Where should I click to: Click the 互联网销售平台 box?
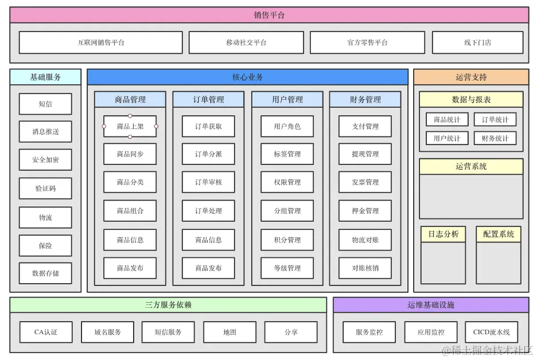point(101,42)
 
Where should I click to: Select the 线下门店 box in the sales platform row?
point(477,42)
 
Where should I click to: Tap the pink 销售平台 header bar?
point(269,15)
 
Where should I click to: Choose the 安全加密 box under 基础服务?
point(45,160)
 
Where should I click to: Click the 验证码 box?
point(45,188)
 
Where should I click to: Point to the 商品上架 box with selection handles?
point(130,126)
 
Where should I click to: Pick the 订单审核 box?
point(208,182)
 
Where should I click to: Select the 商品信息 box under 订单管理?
point(208,240)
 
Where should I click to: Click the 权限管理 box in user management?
point(287,182)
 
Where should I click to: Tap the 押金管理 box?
point(365,211)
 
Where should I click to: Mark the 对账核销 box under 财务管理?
point(365,268)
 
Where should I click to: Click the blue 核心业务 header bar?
point(247,77)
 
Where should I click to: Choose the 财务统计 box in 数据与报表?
point(495,138)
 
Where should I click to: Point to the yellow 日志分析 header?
point(443,234)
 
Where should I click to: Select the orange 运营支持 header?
point(471,77)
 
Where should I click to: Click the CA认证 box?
point(46,332)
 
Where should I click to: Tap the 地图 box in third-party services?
point(229,332)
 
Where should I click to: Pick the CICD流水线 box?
point(491,332)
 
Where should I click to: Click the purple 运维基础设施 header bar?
point(431,305)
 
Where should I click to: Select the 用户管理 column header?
point(287,99)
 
